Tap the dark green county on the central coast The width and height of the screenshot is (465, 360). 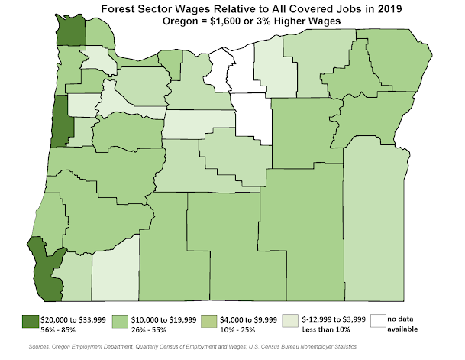click(x=57, y=122)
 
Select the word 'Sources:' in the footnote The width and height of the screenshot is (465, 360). click(x=47, y=347)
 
